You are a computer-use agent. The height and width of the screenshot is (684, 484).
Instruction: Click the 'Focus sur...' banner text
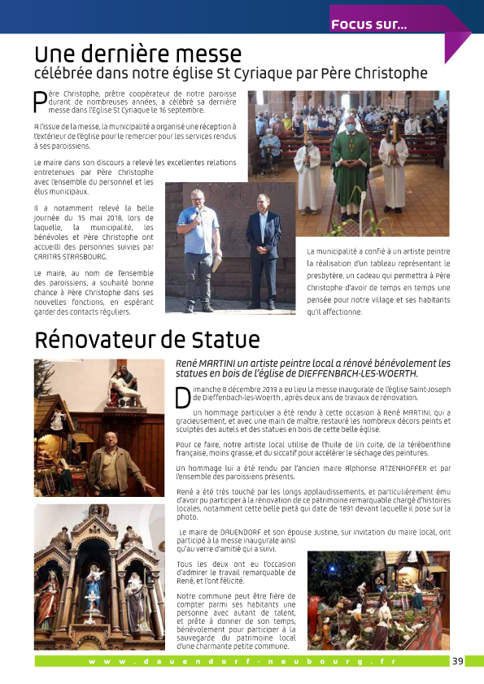tap(368, 24)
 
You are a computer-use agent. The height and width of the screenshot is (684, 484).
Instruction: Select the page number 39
tap(457, 660)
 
